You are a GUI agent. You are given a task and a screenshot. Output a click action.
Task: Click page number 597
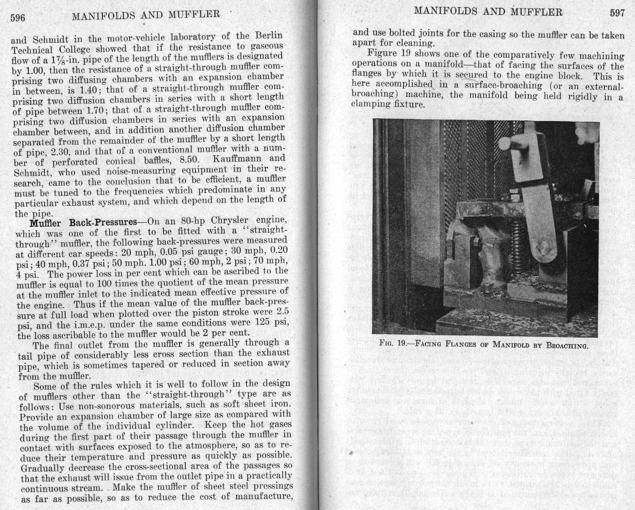pyautogui.click(x=617, y=13)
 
